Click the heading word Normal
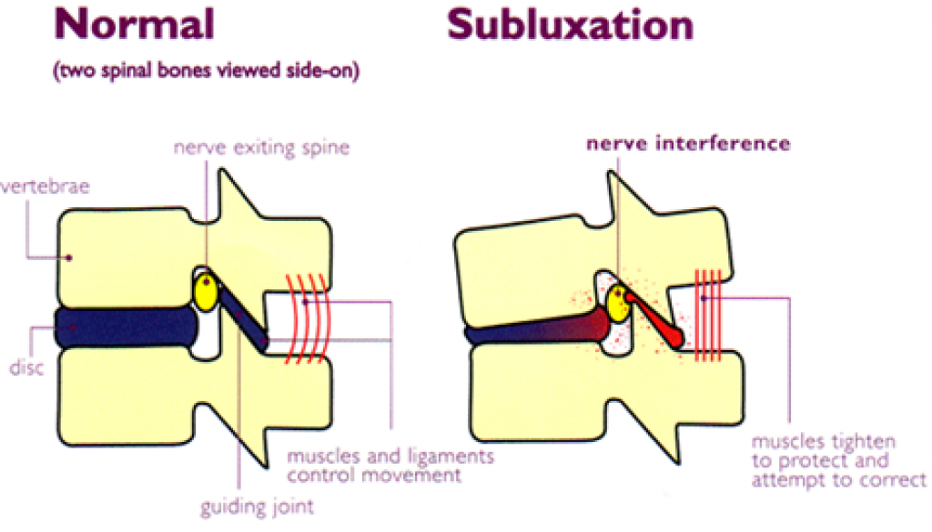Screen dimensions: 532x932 135,25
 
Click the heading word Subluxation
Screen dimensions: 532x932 570,25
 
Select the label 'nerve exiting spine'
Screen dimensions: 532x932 261,147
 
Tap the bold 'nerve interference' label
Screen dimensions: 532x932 688,144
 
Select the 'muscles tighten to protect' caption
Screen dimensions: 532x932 838,461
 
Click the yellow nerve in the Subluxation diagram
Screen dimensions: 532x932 620,303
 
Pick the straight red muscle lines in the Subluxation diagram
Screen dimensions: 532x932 709,314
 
